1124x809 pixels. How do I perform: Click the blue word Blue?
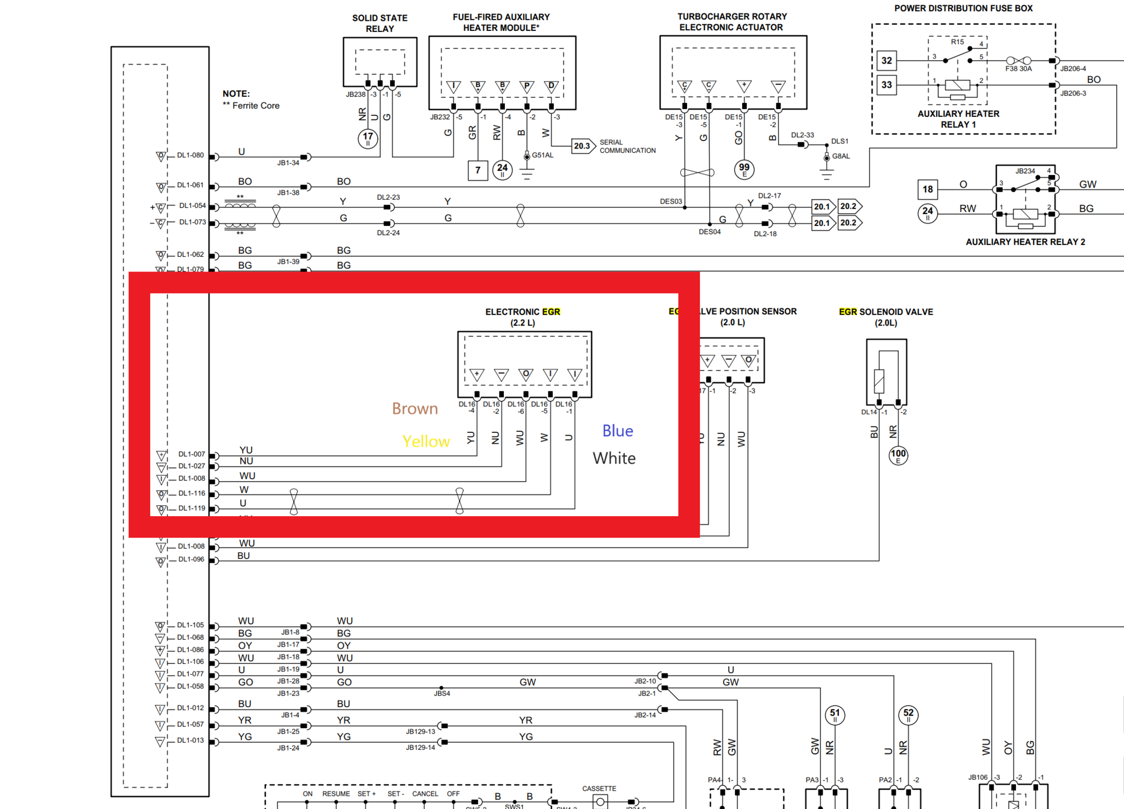[x=617, y=431]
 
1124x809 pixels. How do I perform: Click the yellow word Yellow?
[x=426, y=442]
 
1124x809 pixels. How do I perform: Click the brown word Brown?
[x=414, y=409]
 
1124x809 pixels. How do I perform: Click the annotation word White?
[x=614, y=458]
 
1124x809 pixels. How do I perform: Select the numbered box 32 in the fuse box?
[x=887, y=61]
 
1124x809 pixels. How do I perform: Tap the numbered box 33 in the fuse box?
[x=887, y=85]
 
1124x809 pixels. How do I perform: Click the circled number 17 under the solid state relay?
[x=368, y=138]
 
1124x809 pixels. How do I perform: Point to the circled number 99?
[x=744, y=169]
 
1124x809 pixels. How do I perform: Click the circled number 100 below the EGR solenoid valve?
[x=898, y=455]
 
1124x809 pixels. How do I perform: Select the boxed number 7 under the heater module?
[x=477, y=170]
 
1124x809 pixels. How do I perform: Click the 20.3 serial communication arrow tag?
[x=583, y=146]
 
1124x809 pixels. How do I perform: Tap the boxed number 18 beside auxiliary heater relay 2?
[x=927, y=189]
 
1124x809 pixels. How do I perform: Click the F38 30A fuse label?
[x=1018, y=69]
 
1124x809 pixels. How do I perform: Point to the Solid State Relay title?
[x=380, y=23]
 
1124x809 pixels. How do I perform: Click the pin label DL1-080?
[x=190, y=155]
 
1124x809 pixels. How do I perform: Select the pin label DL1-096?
[x=191, y=559]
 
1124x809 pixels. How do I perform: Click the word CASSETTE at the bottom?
[x=599, y=789]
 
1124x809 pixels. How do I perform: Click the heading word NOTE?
[x=236, y=94]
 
